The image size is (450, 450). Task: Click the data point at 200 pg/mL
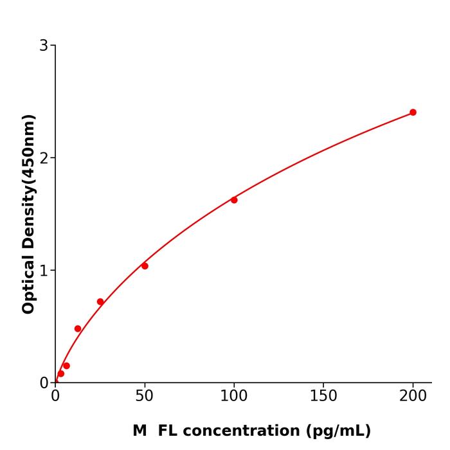[x=413, y=113]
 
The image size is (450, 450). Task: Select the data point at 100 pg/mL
[x=234, y=200]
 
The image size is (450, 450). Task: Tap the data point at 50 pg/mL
[x=145, y=266]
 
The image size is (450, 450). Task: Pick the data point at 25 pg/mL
[x=100, y=301]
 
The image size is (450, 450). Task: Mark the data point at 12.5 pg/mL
[x=78, y=328]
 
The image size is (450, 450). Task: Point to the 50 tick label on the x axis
[x=145, y=396]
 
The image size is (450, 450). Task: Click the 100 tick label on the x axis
[x=234, y=396]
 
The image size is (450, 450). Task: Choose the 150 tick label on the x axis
[x=323, y=396]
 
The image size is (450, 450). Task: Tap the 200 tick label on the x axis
[x=413, y=396]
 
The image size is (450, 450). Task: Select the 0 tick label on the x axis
[x=55, y=396]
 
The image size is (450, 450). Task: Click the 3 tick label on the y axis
[x=44, y=45]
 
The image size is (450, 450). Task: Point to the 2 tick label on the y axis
[x=44, y=157]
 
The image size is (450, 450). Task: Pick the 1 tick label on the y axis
[x=44, y=270]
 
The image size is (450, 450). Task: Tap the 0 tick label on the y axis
[x=44, y=382]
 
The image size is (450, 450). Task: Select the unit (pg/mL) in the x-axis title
[x=339, y=431]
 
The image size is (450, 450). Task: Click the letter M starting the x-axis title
[x=139, y=431]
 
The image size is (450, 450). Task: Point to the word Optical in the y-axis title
[x=28, y=283]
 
